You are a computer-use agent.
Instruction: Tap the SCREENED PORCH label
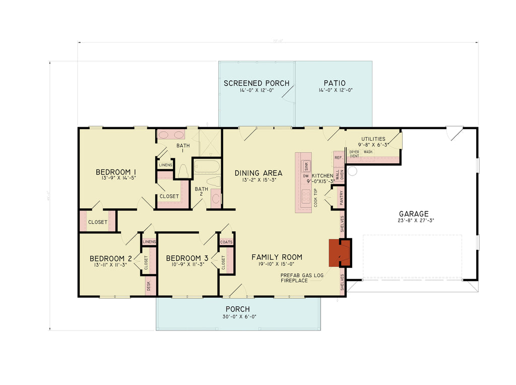256,83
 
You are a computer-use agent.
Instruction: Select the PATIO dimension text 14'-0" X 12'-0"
335,91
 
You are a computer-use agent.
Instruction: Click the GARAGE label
413,214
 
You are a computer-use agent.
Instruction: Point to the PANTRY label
342,197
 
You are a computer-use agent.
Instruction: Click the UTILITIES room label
373,139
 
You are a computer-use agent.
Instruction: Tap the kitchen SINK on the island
305,166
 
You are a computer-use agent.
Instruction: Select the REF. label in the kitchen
338,158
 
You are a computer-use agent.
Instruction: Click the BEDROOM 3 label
187,257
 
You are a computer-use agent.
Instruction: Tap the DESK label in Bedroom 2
149,287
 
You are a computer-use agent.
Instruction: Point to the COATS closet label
226,242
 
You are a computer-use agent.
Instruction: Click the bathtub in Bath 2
207,167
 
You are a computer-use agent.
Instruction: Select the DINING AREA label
259,173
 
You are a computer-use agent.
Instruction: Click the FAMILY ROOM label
277,257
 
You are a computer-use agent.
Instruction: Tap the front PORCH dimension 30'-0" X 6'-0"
237,317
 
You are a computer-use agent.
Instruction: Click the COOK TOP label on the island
315,197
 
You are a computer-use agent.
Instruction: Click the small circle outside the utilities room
352,171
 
